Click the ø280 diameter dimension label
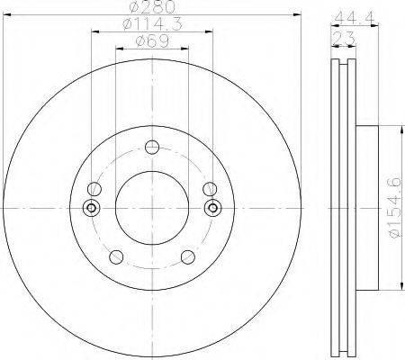152,7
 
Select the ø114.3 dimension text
152,24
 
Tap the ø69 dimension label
152,41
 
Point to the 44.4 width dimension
355,18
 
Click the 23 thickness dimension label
344,39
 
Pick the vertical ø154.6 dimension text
395,208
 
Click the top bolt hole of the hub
152,147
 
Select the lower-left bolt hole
116,257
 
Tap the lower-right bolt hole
188,257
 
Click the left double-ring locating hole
92,208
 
